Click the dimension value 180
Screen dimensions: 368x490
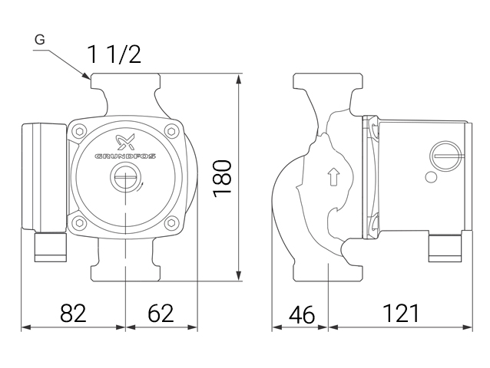(x=222, y=179)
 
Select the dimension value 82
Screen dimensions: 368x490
(x=73, y=313)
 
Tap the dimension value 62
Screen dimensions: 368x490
(x=161, y=313)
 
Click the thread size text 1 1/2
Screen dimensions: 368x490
(x=114, y=54)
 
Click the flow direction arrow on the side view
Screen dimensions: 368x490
(x=333, y=177)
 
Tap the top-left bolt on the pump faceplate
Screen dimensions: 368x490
(x=79, y=132)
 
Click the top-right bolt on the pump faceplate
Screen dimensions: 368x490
(x=171, y=132)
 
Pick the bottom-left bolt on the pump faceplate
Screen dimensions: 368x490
(x=79, y=223)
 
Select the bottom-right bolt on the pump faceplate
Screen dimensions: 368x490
(x=171, y=223)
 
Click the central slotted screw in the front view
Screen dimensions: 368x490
(x=124, y=178)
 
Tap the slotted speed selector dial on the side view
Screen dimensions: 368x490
(x=442, y=156)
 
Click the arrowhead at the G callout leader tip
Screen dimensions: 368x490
(x=87, y=76)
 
